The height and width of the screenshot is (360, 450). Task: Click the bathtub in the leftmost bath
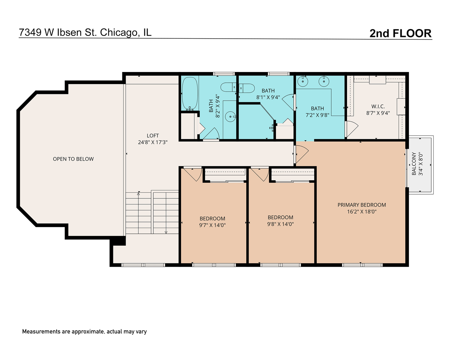(x=190, y=93)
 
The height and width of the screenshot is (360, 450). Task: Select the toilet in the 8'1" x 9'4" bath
(x=247, y=88)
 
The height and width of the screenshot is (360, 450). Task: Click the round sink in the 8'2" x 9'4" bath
(x=230, y=117)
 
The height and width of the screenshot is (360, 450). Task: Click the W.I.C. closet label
(x=378, y=106)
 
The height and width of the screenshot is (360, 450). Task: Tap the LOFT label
(x=153, y=136)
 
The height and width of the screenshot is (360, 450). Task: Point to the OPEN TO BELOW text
(x=73, y=159)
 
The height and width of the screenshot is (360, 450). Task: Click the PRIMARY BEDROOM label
(x=362, y=205)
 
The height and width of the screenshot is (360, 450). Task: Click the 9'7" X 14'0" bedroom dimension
(x=212, y=225)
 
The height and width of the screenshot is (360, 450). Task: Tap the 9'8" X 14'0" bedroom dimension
(x=280, y=224)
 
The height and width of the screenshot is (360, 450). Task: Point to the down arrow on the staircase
(x=166, y=232)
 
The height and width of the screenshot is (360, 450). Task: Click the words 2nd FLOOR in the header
(x=400, y=33)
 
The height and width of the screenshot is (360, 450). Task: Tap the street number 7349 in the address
(x=30, y=32)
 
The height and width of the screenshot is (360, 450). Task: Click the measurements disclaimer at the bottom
(x=84, y=331)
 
